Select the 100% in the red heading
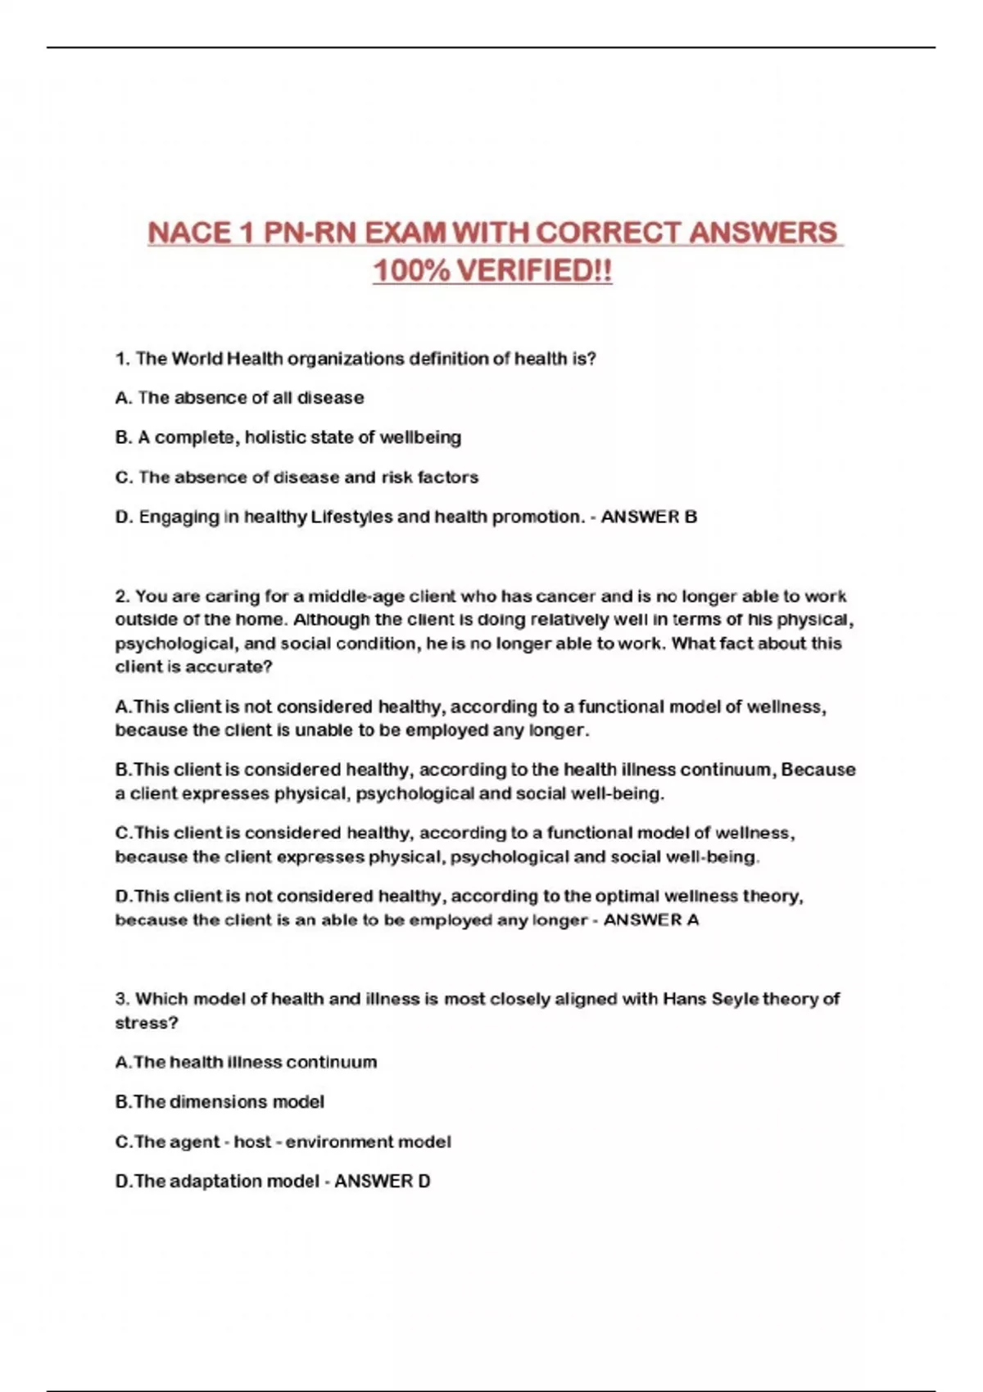410,271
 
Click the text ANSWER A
651,920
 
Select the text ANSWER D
382,1181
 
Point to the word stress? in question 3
147,1023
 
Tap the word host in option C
252,1141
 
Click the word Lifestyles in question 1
352,517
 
